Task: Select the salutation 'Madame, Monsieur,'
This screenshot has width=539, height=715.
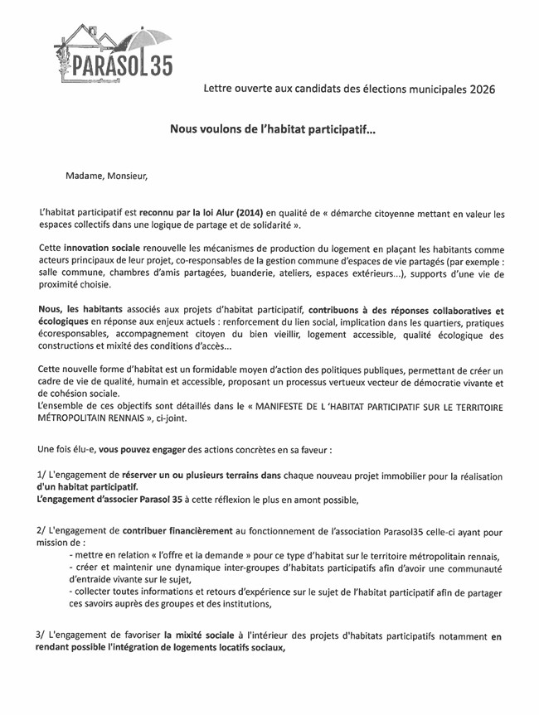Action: (108, 175)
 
